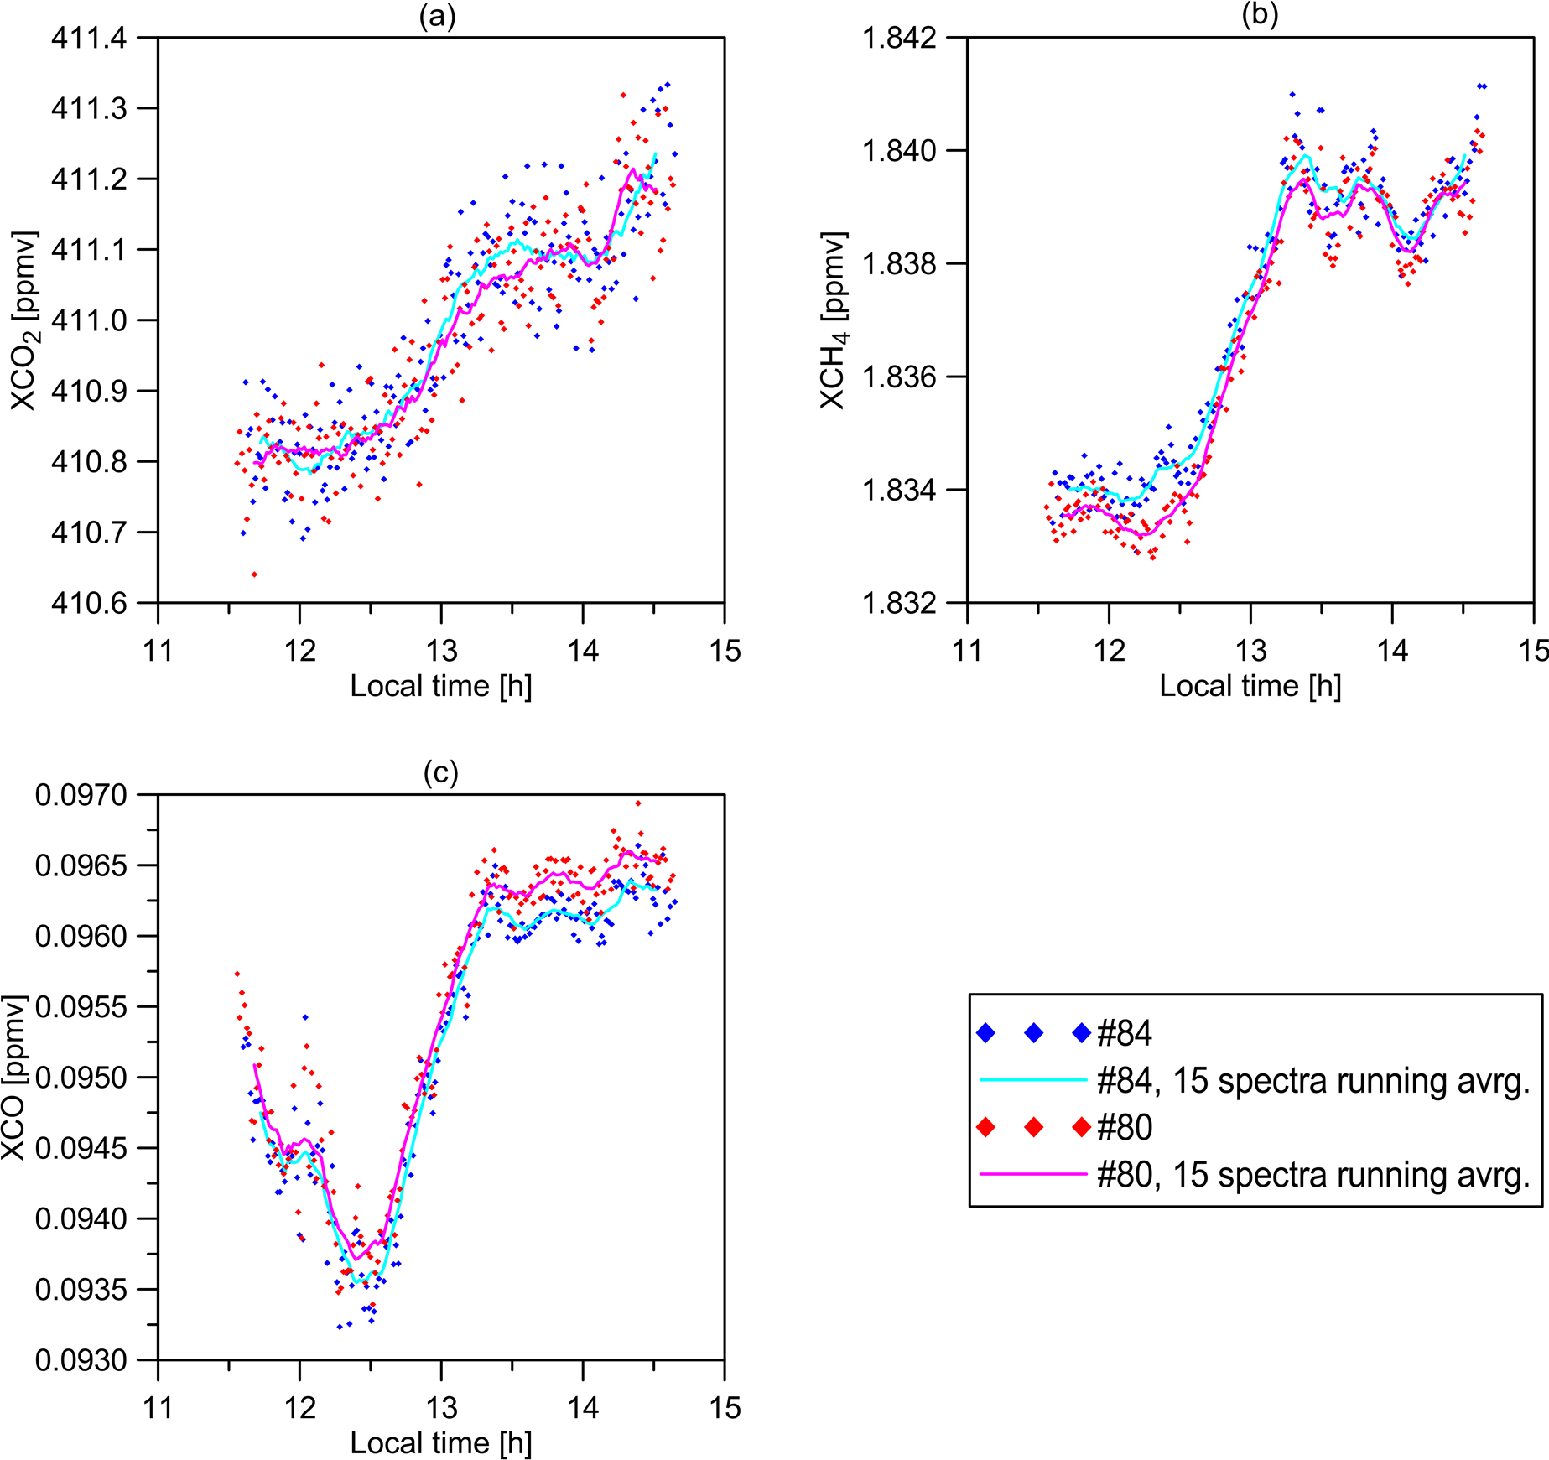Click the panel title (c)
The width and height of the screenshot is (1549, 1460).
click(440, 772)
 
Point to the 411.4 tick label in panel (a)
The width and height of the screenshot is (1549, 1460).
click(89, 39)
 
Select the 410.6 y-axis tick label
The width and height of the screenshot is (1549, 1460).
click(89, 603)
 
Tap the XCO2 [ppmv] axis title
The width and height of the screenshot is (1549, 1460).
click(26, 320)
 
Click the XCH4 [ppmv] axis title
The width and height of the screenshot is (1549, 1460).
click(834, 320)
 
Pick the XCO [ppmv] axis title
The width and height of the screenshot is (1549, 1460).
click(14, 1078)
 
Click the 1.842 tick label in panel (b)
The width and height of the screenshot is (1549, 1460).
click(901, 39)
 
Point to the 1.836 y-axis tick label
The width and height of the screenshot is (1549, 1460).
click(901, 377)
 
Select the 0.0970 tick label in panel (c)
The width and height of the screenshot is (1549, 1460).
click(81, 795)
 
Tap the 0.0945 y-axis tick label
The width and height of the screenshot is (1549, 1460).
click(81, 1148)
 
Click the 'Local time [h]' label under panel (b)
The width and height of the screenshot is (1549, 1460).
click(1250, 686)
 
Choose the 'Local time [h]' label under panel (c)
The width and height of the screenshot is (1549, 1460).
click(441, 1442)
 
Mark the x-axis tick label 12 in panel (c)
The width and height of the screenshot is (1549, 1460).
click(299, 1407)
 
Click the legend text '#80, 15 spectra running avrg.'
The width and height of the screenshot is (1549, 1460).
click(1313, 1175)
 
